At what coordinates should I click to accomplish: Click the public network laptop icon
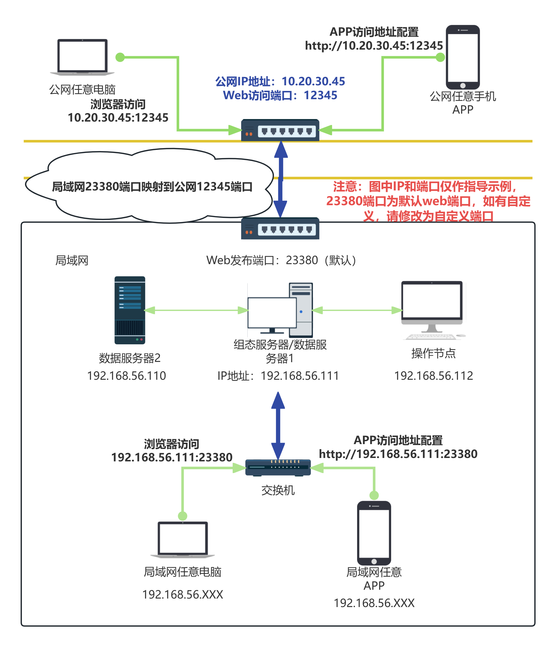82,57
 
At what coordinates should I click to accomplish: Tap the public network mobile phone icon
463,58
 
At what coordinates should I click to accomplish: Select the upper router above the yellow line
280,130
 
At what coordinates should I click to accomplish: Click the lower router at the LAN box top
280,229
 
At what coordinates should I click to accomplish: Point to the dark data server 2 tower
130,310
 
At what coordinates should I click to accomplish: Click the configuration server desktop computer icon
280,310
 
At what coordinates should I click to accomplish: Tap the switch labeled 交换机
278,467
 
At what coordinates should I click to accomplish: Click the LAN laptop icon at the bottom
182,539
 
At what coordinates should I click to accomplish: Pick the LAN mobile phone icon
374,533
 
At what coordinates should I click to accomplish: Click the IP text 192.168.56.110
126,376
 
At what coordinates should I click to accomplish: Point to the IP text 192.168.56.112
434,376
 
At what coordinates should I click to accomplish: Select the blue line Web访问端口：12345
280,95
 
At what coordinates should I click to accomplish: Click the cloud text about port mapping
152,187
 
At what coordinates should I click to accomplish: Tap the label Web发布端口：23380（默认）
281,260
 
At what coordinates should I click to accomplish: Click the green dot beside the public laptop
120,57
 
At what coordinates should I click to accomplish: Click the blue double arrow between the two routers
281,180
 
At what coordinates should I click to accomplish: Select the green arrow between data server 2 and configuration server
196,310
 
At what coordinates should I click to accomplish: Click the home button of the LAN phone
374,562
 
